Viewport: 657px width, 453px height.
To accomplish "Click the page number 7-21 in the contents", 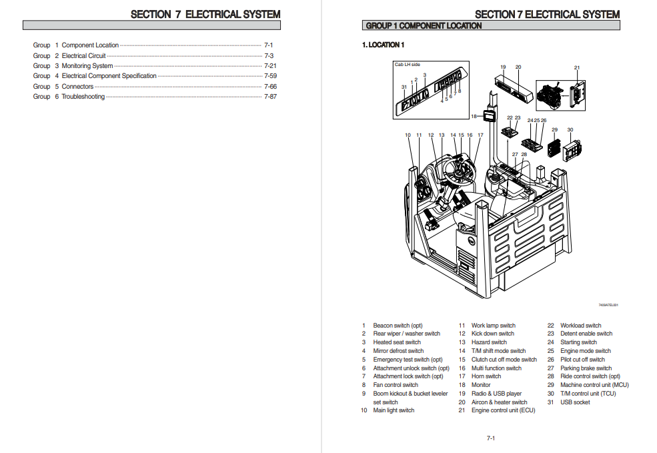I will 270,66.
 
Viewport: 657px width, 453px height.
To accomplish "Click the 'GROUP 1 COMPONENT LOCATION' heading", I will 424,26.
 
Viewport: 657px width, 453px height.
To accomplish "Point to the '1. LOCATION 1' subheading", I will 384,45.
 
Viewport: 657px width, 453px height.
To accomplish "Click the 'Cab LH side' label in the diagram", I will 408,65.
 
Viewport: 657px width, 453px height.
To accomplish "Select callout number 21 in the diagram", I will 577,67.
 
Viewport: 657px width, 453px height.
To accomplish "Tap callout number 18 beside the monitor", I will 474,116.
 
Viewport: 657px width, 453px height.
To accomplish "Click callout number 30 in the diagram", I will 570,129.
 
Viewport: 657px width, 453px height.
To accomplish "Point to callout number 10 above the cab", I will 408,135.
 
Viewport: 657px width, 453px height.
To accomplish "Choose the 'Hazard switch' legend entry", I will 489,342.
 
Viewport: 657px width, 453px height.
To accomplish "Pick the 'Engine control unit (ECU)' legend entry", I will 503,410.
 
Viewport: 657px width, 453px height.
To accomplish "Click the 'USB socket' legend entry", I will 575,402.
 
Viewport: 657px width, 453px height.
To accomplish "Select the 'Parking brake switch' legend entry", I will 586,368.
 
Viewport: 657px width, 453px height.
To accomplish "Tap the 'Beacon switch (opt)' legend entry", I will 398,326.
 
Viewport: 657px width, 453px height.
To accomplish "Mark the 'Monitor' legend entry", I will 481,385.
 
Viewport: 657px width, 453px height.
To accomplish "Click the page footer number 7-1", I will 490,438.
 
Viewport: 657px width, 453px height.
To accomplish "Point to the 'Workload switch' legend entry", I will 580,326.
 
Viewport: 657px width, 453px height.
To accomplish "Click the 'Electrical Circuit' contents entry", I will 83,56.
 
